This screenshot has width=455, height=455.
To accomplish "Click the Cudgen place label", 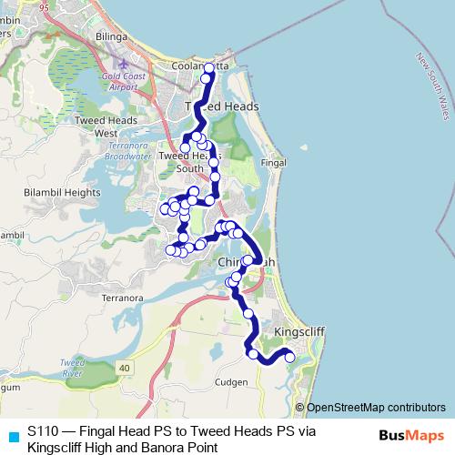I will point(233,383).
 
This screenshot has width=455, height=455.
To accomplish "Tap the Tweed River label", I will point(72,368).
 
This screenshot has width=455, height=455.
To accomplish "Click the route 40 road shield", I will point(125,367).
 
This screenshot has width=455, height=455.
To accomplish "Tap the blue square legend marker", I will point(13,435).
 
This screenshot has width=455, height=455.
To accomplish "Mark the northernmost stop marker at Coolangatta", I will point(209,68).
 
